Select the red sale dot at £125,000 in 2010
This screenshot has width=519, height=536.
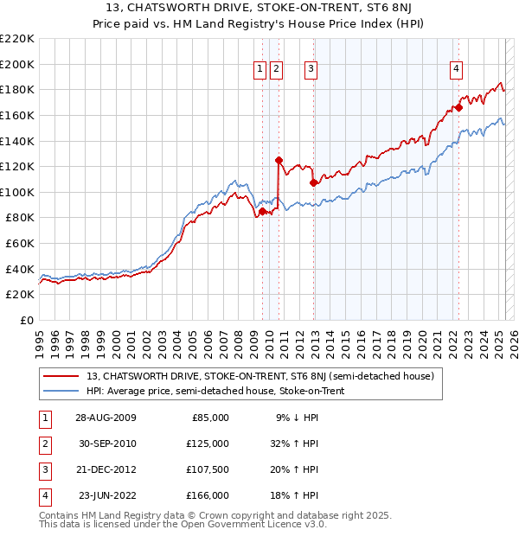(x=279, y=160)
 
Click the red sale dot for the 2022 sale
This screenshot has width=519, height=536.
(x=458, y=107)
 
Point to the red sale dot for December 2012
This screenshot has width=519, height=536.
(x=312, y=182)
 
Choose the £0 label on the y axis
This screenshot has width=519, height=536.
(x=25, y=320)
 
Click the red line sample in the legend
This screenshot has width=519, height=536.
(x=62, y=376)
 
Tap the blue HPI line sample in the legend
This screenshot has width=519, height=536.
(x=62, y=391)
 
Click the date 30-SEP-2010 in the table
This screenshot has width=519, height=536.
(x=106, y=443)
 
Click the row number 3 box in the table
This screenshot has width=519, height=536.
(x=43, y=469)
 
